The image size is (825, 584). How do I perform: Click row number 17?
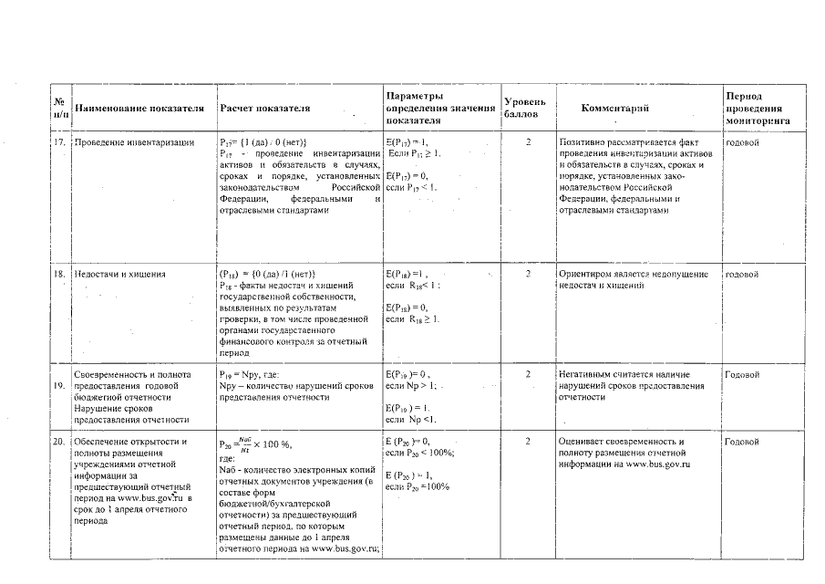[58, 143]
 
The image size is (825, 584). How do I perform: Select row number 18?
[58, 274]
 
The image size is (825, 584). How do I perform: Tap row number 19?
[58, 385]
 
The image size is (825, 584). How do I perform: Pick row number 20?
[58, 442]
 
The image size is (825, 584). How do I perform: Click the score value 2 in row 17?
[528, 143]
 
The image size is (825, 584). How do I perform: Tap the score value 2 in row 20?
[528, 442]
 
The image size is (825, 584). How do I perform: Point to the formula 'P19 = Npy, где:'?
[254, 375]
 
